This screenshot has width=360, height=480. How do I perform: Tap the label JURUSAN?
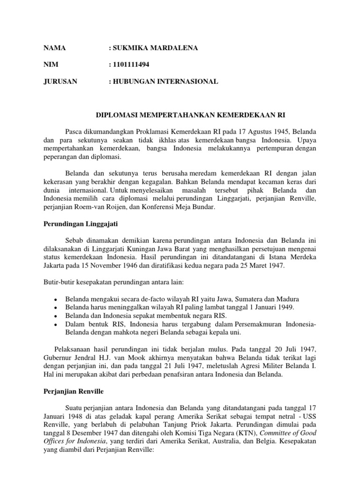tap(60, 82)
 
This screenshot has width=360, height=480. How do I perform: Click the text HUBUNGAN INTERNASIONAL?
tap(165, 82)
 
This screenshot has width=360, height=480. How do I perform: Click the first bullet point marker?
tap(56, 300)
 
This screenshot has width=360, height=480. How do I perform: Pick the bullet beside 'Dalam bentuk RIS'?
tap(56, 324)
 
